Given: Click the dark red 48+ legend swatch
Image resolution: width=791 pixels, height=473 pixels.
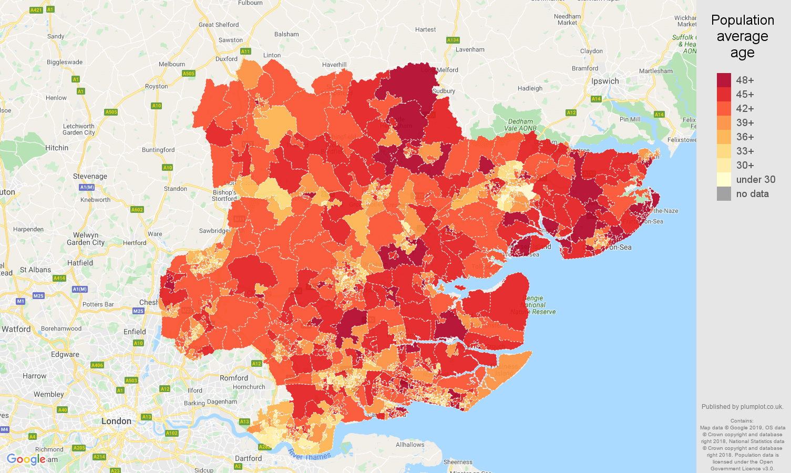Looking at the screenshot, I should (x=724, y=80).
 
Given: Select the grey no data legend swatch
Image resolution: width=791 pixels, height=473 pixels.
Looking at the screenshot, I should (x=724, y=193).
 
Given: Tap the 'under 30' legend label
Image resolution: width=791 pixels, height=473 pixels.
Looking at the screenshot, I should (x=755, y=179).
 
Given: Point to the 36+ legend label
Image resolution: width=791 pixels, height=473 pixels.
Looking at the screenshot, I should (x=745, y=137).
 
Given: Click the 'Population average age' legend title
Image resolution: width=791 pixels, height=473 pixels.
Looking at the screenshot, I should (x=742, y=36).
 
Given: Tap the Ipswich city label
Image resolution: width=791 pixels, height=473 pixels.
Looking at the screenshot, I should (x=605, y=81).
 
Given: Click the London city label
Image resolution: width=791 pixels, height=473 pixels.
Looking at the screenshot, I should (x=116, y=421).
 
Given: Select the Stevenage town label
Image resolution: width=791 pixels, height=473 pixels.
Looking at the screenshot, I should (x=90, y=176).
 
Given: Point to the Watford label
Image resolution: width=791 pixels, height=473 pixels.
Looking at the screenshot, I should (x=16, y=329).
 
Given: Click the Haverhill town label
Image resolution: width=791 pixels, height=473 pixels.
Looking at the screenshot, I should (x=334, y=65).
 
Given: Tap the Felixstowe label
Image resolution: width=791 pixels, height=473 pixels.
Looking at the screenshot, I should (x=682, y=140).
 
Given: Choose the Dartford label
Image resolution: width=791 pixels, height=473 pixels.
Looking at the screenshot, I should (x=248, y=458).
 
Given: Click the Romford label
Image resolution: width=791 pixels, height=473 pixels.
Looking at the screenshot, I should (x=234, y=378).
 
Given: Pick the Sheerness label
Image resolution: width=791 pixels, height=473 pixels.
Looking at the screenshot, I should (x=458, y=462).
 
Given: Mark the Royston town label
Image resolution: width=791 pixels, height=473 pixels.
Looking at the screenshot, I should (x=156, y=86).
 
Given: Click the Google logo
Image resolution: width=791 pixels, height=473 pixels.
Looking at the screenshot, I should (x=26, y=459).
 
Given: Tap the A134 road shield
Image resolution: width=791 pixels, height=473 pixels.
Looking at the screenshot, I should (x=453, y=40).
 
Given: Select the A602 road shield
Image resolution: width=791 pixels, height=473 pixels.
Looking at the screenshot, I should (x=137, y=210).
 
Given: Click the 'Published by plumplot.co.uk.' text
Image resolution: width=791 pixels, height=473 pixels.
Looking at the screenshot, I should (x=742, y=406).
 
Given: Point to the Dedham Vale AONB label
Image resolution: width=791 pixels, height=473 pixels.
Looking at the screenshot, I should (x=520, y=125).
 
